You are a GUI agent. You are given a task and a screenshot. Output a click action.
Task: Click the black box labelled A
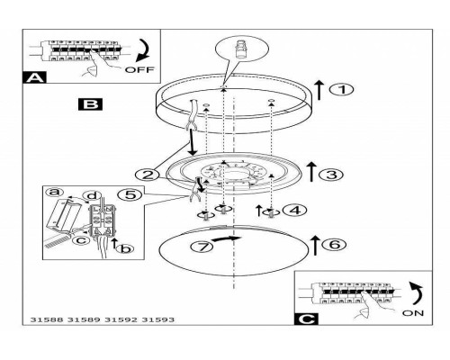(34, 77)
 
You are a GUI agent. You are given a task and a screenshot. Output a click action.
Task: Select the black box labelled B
(90, 104)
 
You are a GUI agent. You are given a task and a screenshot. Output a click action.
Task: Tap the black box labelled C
(306, 319)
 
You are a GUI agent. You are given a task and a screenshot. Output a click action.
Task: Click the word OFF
(139, 70)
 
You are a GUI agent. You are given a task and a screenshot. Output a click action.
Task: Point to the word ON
(413, 313)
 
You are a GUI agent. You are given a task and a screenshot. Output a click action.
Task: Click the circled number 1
(341, 90)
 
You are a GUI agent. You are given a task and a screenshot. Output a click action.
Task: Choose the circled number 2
(148, 175)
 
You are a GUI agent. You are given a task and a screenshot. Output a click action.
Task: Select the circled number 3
(331, 175)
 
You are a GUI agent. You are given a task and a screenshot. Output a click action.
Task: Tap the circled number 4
(295, 211)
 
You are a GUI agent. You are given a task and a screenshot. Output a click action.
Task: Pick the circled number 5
(130, 195)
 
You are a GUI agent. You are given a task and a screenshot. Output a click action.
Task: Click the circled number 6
(334, 245)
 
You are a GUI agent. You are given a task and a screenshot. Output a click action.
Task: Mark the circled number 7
(202, 247)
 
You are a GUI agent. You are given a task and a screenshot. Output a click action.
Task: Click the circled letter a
(55, 192)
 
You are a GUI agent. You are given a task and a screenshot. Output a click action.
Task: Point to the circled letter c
(81, 240)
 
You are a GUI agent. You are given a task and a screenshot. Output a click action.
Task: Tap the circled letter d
(92, 195)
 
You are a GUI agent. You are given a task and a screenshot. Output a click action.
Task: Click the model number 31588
(47, 319)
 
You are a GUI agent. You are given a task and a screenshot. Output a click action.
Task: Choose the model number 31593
(157, 319)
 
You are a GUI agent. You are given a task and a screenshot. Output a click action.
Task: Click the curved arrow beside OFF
(143, 50)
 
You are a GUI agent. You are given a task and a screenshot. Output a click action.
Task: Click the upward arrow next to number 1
(319, 90)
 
